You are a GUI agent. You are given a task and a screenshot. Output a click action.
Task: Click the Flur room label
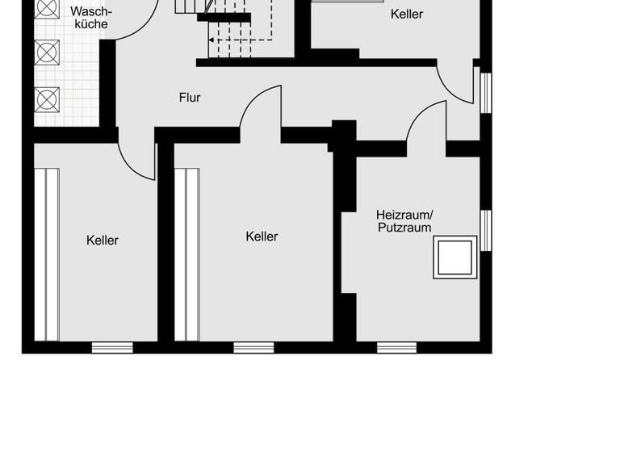pos(190,98)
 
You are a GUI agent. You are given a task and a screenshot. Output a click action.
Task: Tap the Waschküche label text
pos(90,18)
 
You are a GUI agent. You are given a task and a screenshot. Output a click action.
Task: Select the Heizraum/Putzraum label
pos(404,220)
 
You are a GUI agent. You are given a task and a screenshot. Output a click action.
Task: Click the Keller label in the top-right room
pos(406,14)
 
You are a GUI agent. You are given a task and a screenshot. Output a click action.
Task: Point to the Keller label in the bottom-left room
pos(103,240)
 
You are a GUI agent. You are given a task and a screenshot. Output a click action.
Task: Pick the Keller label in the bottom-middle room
pos(262,236)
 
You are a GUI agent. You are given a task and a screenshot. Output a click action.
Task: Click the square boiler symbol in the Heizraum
pos(455,257)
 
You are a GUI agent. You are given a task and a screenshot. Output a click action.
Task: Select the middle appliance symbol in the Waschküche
pos(48,52)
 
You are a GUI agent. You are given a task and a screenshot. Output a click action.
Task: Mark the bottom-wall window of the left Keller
pos(112,348)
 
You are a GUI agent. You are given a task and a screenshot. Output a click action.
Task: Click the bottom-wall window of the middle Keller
pos(253,348)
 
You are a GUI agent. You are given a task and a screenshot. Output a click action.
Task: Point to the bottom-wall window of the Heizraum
pos(396,348)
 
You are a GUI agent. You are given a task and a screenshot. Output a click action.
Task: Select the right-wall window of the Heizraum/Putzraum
pos(486,231)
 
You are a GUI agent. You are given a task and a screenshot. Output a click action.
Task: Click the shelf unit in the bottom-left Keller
pos(46,254)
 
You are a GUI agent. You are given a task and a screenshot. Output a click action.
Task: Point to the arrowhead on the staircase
pos(212,40)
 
